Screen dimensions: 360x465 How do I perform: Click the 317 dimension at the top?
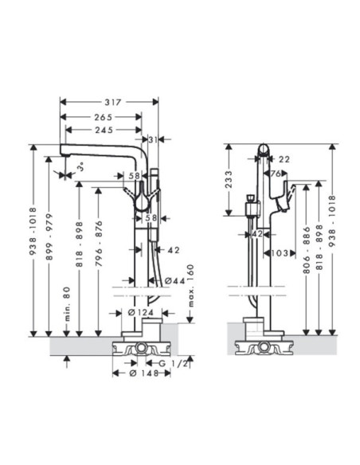coord(113,102)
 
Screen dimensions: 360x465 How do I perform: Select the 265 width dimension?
coord(104,117)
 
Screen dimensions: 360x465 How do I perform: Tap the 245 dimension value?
coord(104,131)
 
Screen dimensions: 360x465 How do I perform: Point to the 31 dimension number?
coord(153,139)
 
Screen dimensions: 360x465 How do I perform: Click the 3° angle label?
coord(81,167)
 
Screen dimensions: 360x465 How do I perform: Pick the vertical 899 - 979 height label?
coord(49,236)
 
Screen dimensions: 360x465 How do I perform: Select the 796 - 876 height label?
coord(99,243)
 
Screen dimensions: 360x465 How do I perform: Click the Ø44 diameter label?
coord(174,280)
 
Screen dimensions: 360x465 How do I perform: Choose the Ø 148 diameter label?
coord(144,373)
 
